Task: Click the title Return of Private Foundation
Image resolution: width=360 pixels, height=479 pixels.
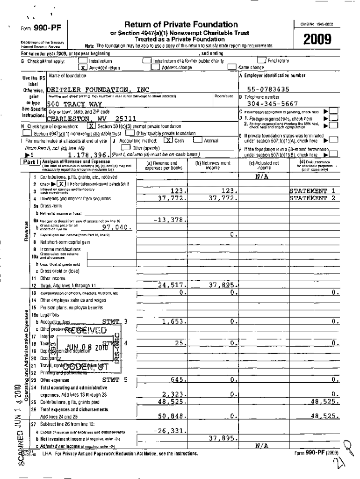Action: pos(181,25)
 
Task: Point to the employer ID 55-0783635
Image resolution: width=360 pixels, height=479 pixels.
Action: pos(274,89)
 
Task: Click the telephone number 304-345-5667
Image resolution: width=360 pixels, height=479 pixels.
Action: pos(274,104)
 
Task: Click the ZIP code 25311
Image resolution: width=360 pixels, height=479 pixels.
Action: pos(126,119)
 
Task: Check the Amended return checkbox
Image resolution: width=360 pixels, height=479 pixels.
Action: pos(82,67)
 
